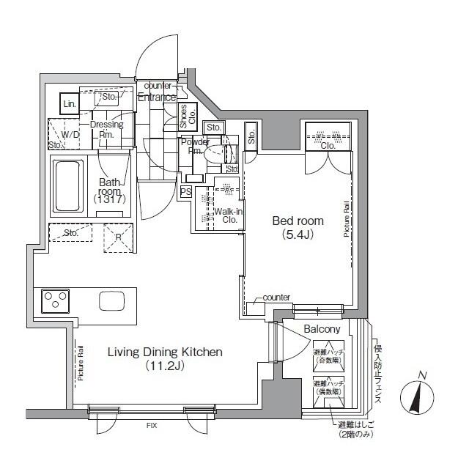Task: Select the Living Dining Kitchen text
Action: click(165, 352)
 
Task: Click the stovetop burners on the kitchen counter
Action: click(54, 300)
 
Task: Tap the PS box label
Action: click(185, 191)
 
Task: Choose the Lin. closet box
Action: click(69, 104)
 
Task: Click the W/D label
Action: click(70, 135)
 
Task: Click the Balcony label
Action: click(320, 329)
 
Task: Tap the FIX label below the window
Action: click(149, 425)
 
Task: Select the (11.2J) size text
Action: click(165, 366)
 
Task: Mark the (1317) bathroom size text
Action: click(110, 199)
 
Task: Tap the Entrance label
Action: click(157, 97)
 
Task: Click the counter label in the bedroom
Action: click(276, 297)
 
